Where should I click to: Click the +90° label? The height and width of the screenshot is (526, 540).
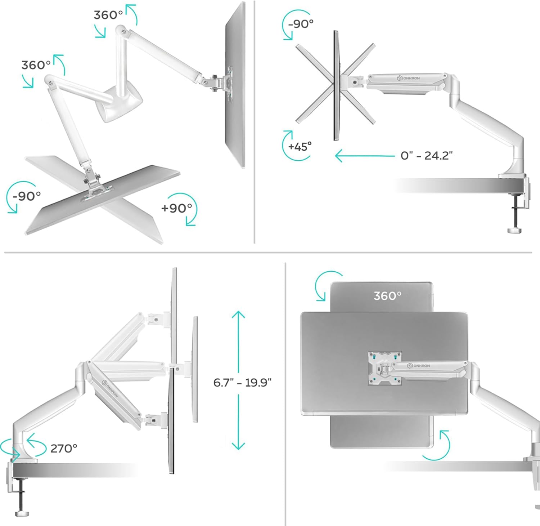(176, 208)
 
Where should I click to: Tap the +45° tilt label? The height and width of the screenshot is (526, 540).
(300, 147)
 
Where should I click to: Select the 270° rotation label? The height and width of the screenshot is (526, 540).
(64, 448)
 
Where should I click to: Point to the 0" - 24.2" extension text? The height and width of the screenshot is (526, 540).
(426, 156)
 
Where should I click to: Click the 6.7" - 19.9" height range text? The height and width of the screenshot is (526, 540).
(242, 382)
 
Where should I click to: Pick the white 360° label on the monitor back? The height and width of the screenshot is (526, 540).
(387, 296)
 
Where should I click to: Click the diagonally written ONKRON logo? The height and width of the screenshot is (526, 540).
(111, 389)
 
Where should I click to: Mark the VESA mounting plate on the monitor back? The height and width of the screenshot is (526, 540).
(384, 368)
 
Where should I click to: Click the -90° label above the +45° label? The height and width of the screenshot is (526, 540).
(301, 24)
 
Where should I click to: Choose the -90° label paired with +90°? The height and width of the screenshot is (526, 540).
(26, 196)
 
